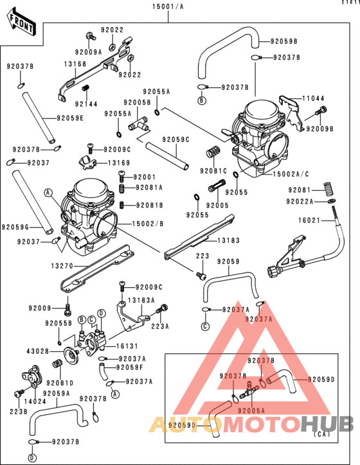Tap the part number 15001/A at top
[168, 6]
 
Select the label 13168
[75, 64]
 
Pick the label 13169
[119, 163]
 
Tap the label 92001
[145, 177]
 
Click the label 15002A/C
[291, 175]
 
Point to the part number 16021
[308, 220]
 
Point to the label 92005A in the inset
[250, 409]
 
